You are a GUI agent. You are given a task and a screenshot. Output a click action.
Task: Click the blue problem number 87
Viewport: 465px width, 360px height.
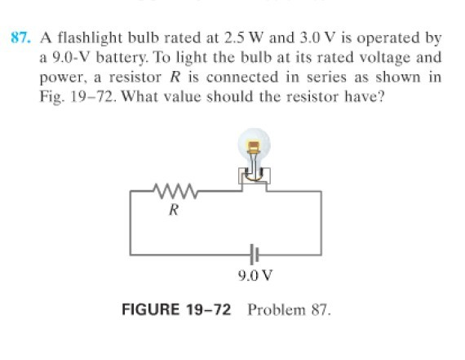20,38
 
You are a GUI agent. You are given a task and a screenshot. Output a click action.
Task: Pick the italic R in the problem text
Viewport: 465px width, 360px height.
175,78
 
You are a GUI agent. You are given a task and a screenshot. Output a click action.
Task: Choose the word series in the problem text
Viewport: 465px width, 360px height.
326,78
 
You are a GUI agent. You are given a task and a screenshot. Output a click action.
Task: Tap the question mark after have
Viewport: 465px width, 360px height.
380,96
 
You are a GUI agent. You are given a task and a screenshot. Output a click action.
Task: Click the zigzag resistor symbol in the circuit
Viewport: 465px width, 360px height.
175,191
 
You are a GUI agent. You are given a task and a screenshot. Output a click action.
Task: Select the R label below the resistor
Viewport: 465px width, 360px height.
174,210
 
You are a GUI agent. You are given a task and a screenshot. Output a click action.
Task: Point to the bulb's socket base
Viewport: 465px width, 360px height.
255,176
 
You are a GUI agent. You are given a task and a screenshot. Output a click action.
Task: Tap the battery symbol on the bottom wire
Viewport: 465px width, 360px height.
255,255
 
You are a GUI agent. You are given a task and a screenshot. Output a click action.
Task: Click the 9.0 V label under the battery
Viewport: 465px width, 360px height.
255,276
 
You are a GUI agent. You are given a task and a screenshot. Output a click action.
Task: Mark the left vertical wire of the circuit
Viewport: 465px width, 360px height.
131,223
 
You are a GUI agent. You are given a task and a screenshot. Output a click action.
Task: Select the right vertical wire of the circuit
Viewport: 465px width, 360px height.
321,223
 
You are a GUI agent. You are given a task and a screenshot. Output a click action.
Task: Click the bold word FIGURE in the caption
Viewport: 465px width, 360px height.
151,309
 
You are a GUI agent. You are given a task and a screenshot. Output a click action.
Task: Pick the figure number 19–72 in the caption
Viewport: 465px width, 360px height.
209,309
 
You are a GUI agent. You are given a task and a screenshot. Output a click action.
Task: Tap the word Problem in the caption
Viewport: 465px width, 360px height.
277,310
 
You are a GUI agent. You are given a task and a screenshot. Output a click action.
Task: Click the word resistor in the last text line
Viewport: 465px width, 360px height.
312,96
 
